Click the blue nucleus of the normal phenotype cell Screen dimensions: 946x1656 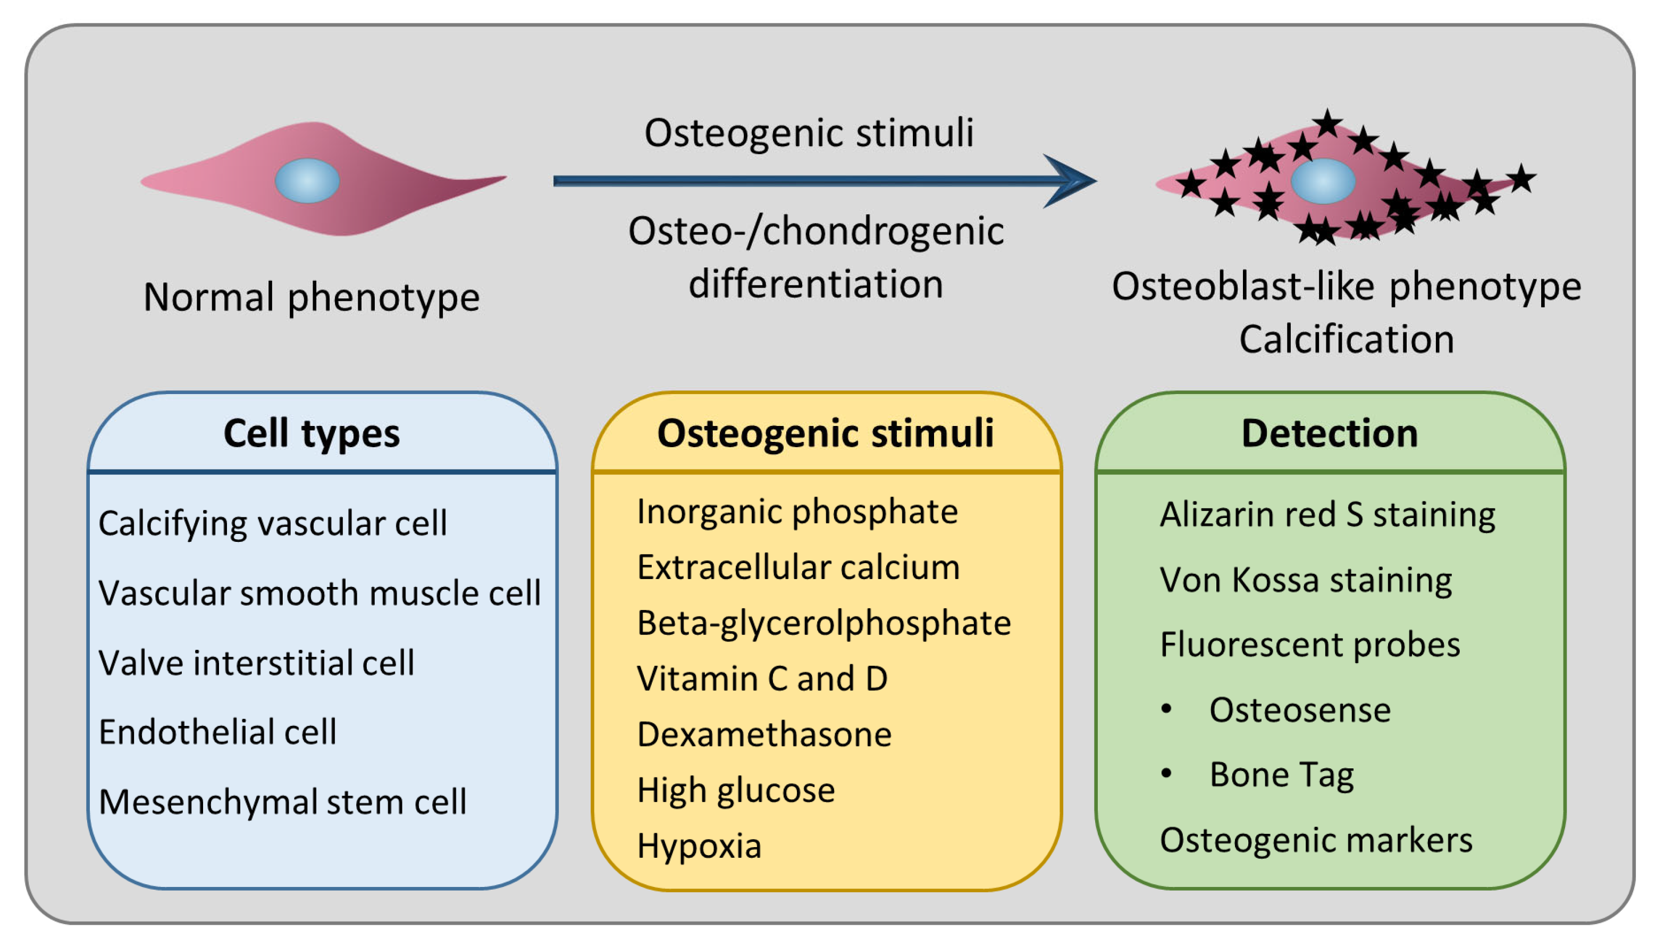pyautogui.click(x=307, y=181)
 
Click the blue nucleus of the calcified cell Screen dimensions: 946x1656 pyautogui.click(x=1322, y=181)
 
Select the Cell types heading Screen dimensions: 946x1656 pyautogui.click(x=311, y=433)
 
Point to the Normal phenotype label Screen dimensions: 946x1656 pyautogui.click(x=311, y=298)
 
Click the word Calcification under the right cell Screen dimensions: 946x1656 pyautogui.click(x=1346, y=340)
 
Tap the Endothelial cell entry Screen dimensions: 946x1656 pyautogui.click(x=217, y=732)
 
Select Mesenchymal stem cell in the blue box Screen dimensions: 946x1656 pyautogui.click(x=282, y=802)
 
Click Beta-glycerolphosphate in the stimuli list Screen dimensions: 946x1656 pyautogui.click(x=823, y=623)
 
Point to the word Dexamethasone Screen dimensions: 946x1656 pyautogui.click(x=764, y=735)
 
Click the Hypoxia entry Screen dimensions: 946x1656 pyautogui.click(x=699, y=846)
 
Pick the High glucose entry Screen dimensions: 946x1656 pyautogui.click(x=735, y=791)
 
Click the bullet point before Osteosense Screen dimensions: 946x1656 pyautogui.click(x=1166, y=709)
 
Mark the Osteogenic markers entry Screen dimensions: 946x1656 pyautogui.click(x=1316, y=840)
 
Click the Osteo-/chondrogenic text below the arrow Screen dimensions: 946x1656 pyautogui.click(x=816, y=231)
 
